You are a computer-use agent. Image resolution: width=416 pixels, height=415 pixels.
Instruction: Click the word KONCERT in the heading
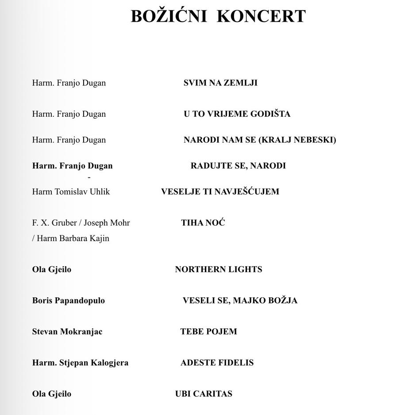[x=262, y=16]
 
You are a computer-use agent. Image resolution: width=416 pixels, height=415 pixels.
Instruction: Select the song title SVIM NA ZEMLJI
[x=220, y=83]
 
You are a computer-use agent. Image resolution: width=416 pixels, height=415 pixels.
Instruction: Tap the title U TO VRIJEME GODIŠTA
[x=237, y=114]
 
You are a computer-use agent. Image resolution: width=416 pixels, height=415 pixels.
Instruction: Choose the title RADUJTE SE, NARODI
[x=238, y=166]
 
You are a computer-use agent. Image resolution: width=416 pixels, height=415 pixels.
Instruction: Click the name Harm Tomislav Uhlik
[x=71, y=192]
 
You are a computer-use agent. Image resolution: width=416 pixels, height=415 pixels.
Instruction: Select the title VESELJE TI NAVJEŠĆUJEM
[x=220, y=192]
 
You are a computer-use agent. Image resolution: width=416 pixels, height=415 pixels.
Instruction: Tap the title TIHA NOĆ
[x=203, y=223]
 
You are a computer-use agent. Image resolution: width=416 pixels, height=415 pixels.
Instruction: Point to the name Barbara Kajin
[x=85, y=238]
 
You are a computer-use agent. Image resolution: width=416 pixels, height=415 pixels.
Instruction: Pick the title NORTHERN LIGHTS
[x=218, y=269]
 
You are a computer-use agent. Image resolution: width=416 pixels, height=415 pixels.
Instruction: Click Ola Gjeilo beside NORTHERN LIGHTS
[x=51, y=269]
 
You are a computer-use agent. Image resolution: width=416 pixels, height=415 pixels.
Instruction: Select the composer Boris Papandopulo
[x=68, y=300]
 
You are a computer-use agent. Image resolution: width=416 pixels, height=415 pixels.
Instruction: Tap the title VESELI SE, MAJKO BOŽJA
[x=240, y=300]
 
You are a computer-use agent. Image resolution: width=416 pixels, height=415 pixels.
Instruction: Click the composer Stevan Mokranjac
[x=67, y=331]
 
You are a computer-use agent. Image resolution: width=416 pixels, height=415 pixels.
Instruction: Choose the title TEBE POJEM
[x=208, y=331]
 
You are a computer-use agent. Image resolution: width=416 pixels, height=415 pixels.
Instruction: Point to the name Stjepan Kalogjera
[x=94, y=363]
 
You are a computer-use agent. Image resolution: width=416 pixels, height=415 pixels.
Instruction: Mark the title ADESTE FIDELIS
[x=217, y=363]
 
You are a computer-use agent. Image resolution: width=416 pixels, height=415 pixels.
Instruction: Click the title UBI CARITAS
[x=204, y=394]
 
